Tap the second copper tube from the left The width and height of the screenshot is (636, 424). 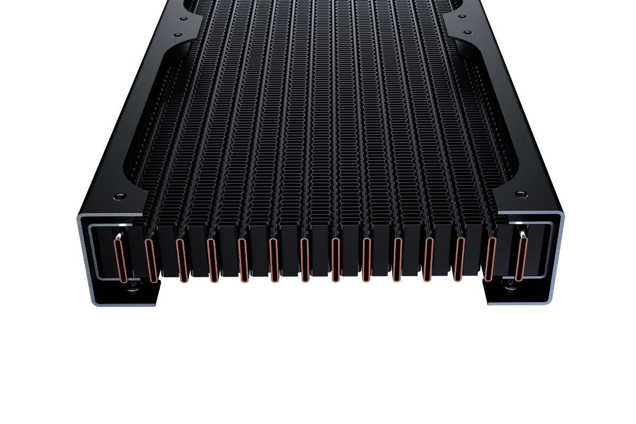click(x=151, y=260)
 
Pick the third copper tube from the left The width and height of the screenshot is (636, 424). click(x=182, y=260)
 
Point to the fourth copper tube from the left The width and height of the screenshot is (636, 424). click(x=213, y=260)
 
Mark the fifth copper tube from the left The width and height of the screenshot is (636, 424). click(x=243, y=260)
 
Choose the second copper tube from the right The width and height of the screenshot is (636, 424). click(x=491, y=259)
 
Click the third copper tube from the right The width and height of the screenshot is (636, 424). click(x=460, y=259)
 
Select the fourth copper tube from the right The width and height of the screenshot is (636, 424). click(x=429, y=259)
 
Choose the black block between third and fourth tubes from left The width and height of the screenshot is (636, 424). click(x=198, y=249)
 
